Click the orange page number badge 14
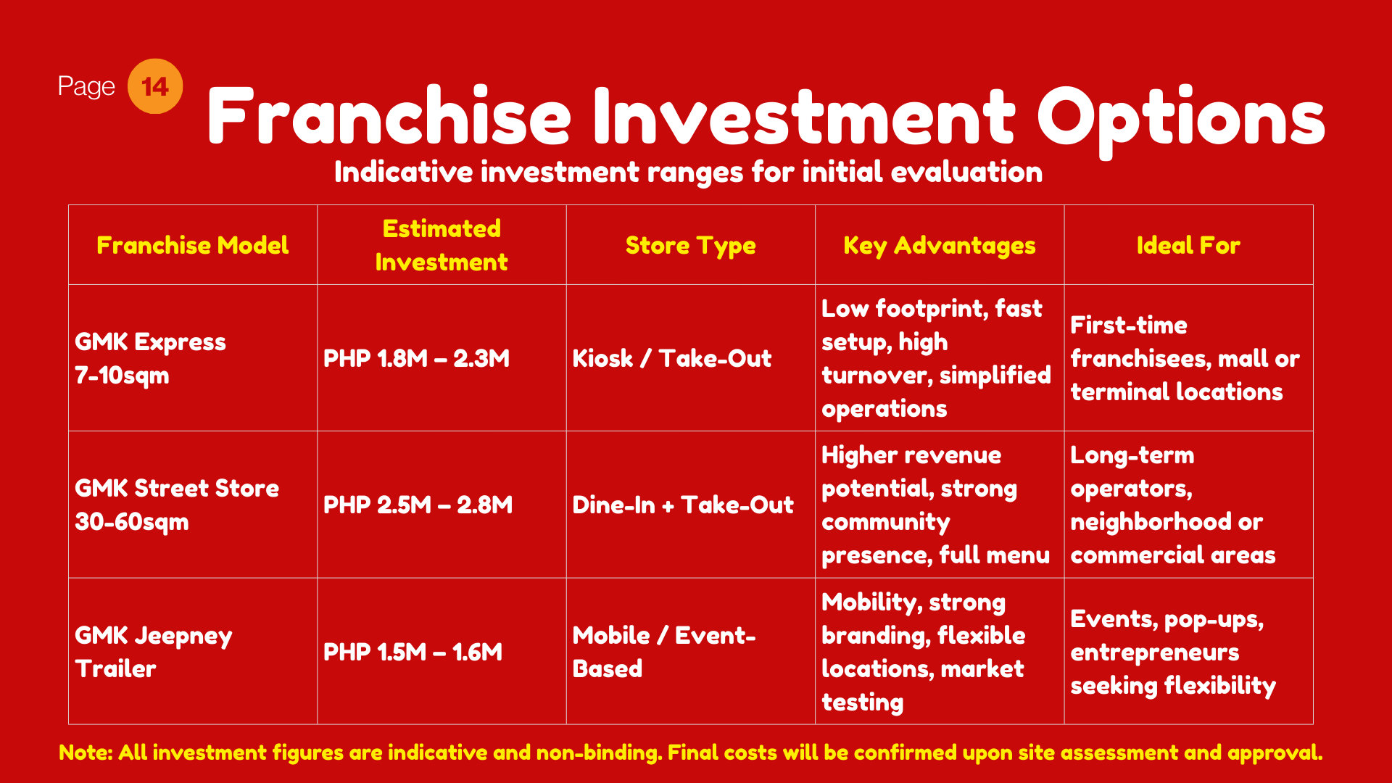tap(155, 86)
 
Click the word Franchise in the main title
tap(389, 116)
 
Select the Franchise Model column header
tap(193, 245)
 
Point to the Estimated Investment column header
tap(442, 245)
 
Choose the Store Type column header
tap(690, 246)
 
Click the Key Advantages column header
tap(940, 246)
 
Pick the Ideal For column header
tap(1188, 245)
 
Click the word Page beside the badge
tap(86, 87)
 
